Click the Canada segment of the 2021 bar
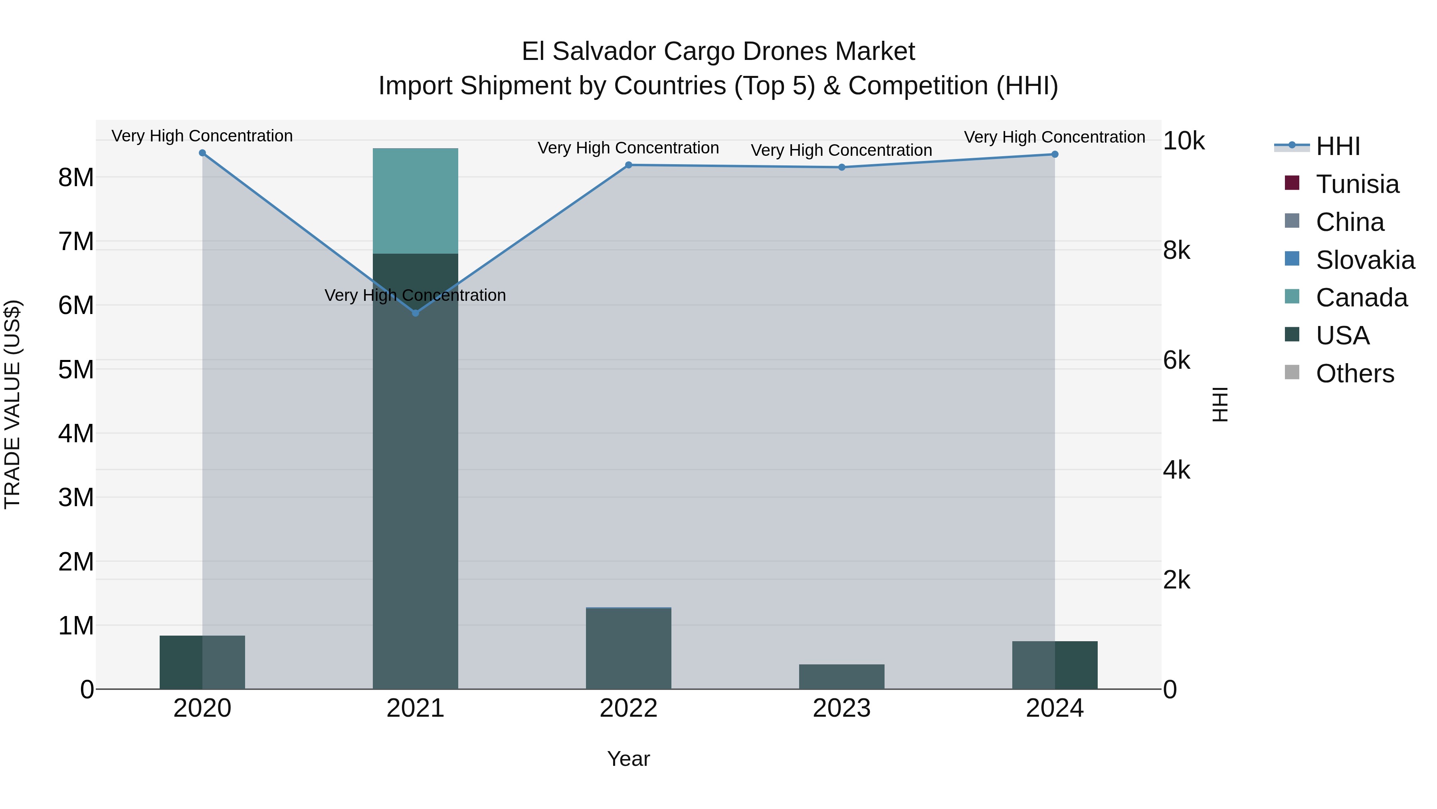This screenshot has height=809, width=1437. (x=415, y=201)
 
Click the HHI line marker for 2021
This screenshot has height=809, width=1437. (x=415, y=313)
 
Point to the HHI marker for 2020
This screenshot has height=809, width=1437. (x=202, y=153)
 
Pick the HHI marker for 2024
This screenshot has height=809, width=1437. (x=1054, y=154)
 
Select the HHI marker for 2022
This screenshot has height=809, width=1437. (x=628, y=165)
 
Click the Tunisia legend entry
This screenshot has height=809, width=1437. (x=1357, y=184)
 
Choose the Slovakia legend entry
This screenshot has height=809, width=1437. (x=1364, y=260)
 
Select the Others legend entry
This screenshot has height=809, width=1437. (x=1354, y=374)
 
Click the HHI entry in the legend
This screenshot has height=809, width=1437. (x=1337, y=146)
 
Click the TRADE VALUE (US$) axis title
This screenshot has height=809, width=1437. (x=12, y=404)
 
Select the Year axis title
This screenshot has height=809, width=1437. (x=628, y=759)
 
